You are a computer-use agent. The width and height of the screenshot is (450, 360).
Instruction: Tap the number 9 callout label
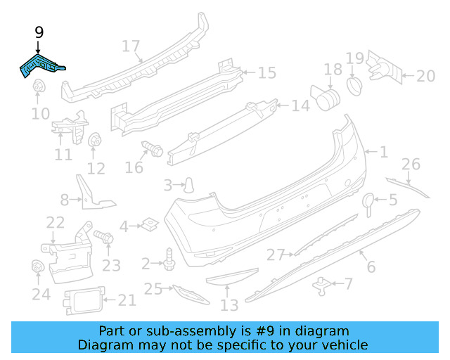click(39, 32)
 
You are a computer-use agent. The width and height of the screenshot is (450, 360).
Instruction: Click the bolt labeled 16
click(152, 149)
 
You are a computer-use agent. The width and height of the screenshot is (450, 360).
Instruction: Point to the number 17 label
click(131, 46)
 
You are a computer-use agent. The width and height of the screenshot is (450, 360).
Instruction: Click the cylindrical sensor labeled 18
click(326, 97)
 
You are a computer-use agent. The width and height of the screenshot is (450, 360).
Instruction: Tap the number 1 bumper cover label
click(384, 151)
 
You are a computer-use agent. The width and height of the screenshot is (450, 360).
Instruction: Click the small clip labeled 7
click(323, 284)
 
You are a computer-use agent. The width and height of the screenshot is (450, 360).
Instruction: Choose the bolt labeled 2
click(168, 259)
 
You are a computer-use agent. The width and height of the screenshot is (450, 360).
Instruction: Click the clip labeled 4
click(148, 226)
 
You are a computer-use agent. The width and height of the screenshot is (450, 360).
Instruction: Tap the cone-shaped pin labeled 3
click(188, 185)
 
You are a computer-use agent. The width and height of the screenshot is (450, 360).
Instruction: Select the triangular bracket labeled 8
click(91, 193)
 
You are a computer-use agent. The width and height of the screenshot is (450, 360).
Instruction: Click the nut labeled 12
click(94, 141)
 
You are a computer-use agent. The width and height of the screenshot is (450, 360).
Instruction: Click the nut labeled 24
click(37, 268)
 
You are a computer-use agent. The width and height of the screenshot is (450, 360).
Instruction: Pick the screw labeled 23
click(104, 238)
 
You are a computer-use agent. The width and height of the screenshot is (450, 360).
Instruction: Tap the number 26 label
click(411, 165)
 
